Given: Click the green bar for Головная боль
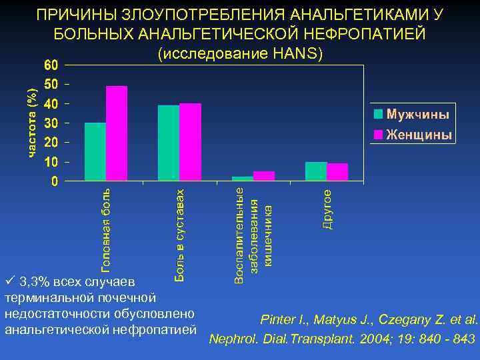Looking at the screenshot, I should tap(95, 152).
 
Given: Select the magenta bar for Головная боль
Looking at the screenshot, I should tap(117, 133).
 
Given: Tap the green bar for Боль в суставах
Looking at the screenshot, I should tap(169, 143).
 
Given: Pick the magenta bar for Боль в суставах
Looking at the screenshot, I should tap(190, 142).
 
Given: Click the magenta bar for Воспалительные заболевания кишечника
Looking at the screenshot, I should tap(264, 176).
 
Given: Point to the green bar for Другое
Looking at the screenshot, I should tap(316, 171).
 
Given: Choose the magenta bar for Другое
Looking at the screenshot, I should tap(337, 172).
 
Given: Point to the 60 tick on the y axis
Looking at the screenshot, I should tap(51, 65).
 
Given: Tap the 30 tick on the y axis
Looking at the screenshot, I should tap(51, 123).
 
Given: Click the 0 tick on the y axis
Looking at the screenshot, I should tap(55, 181).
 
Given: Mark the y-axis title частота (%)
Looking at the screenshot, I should tap(31, 124).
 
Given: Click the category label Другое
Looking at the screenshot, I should tap(327, 209).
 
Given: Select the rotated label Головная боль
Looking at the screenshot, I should tap(105, 229).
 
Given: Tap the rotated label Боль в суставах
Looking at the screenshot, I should tap(179, 234).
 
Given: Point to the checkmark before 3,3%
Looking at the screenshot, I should tap(9, 279).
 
